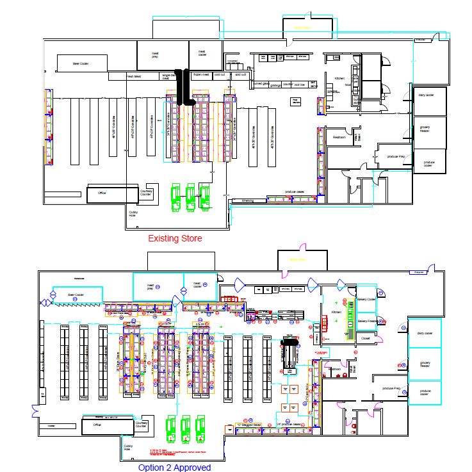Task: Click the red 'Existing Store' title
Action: pyautogui.click(x=175, y=238)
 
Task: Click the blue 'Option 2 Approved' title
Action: pyautogui.click(x=174, y=467)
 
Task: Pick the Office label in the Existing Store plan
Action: pyautogui.click(x=101, y=193)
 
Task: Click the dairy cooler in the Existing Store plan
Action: pyautogui.click(x=426, y=95)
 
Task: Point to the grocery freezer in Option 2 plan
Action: pyautogui.click(x=425, y=365)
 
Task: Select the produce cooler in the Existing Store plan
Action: pyautogui.click(x=428, y=163)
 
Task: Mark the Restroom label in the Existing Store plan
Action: pyautogui.click(x=339, y=137)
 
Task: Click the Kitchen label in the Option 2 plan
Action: pyautogui.click(x=337, y=312)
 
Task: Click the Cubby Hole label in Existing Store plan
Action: pyautogui.click(x=133, y=213)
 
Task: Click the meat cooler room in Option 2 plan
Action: pyautogui.click(x=197, y=284)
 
